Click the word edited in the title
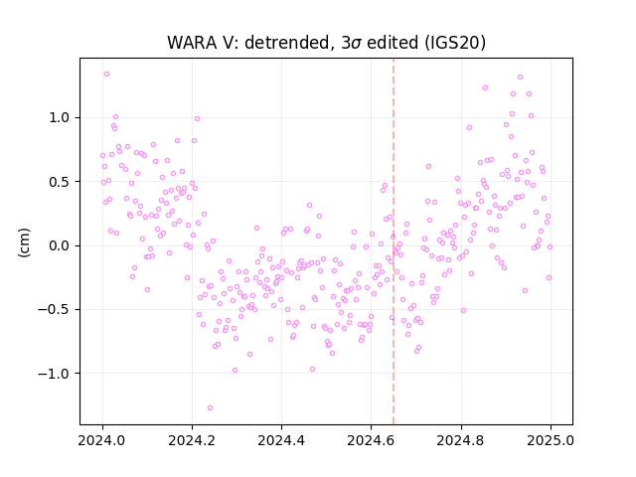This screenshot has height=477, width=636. tap(393, 43)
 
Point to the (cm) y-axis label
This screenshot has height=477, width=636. tap(24, 242)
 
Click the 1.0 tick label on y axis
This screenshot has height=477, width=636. tap(60, 117)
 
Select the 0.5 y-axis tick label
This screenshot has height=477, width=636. tap(60, 182)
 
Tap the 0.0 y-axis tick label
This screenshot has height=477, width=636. tap(60, 245)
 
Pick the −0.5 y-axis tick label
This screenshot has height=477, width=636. tap(54, 309)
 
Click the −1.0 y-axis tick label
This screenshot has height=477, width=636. tap(54, 374)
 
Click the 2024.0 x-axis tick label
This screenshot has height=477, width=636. tap(102, 440)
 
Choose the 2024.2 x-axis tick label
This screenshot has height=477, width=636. tap(192, 440)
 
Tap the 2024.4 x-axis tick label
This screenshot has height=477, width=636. tap(281, 440)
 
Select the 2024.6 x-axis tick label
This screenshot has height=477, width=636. tap(371, 440)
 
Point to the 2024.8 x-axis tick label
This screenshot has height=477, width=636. tap(460, 440)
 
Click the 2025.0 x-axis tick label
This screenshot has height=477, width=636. tap(551, 440)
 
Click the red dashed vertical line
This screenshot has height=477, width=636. tap(394, 241)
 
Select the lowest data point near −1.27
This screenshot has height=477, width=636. tap(210, 407)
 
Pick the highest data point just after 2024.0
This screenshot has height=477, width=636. tap(106, 74)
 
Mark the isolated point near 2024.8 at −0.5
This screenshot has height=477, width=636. tap(463, 310)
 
